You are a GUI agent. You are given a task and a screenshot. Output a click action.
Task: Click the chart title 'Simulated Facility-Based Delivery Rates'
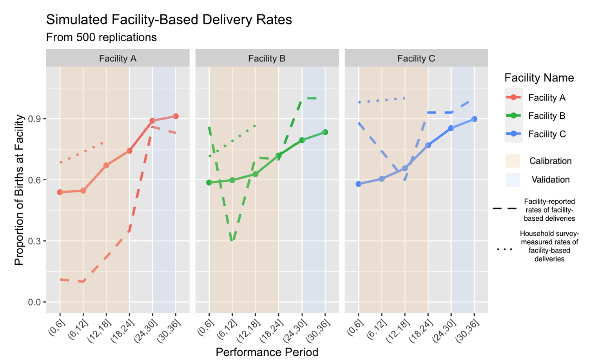169,20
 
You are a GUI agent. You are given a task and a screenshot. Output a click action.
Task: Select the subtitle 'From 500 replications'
101,37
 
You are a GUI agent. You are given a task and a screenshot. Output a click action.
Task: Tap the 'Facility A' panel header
117,59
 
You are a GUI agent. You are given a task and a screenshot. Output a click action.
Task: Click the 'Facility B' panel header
267,59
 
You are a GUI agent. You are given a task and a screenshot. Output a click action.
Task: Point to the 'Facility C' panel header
416,59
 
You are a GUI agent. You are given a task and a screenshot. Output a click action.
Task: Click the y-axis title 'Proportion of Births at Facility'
19,190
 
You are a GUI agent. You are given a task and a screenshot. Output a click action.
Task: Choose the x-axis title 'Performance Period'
267,352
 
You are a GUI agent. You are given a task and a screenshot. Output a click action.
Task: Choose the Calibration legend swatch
513,161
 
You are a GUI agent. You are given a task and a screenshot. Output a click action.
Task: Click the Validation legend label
550,180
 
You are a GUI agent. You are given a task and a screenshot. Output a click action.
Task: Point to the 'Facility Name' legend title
539,78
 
